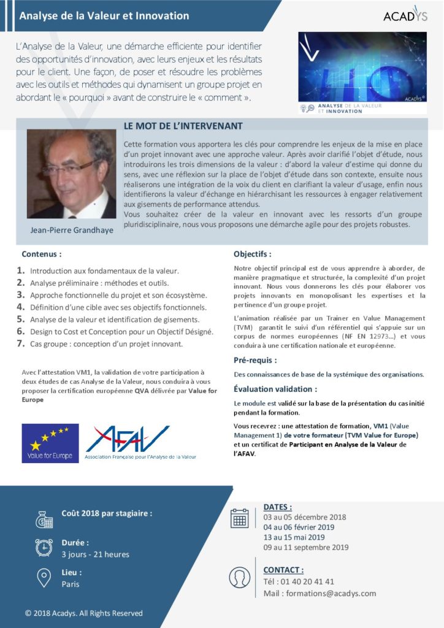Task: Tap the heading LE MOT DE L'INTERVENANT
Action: click(183, 126)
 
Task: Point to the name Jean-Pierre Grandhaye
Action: click(71, 231)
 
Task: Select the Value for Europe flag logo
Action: click(50, 443)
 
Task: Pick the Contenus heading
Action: click(42, 253)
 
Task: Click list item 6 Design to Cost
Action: click(121, 332)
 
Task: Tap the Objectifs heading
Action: click(253, 253)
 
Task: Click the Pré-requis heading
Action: click(255, 360)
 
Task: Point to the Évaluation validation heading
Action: click(275, 389)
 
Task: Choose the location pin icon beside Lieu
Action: click(44, 578)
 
